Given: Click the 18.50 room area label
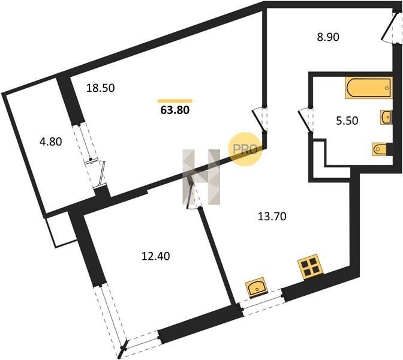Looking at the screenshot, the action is pyautogui.click(x=101, y=88).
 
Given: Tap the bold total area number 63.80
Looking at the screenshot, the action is pyautogui.click(x=175, y=110).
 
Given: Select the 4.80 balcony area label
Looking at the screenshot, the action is pyautogui.click(x=50, y=142).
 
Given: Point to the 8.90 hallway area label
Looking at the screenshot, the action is pyautogui.click(x=328, y=37).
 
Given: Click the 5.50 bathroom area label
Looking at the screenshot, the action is pyautogui.click(x=347, y=121).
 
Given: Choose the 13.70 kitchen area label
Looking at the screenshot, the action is pyautogui.click(x=272, y=217).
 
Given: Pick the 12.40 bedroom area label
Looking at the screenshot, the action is pyautogui.click(x=156, y=256).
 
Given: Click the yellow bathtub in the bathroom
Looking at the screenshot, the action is pyautogui.click(x=369, y=88).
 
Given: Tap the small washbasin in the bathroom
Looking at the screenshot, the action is pyautogui.click(x=386, y=118).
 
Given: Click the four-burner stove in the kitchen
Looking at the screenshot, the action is pyautogui.click(x=311, y=267).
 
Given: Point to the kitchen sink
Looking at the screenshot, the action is pyautogui.click(x=257, y=287).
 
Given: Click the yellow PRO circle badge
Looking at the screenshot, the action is pyautogui.click(x=246, y=149).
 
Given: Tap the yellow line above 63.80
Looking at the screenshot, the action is pyautogui.click(x=175, y=101).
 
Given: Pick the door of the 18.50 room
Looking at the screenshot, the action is pyautogui.click(x=260, y=120).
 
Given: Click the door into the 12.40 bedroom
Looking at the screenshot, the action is pyautogui.click(x=193, y=191).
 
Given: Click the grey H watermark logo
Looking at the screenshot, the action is pyautogui.click(x=201, y=177).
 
